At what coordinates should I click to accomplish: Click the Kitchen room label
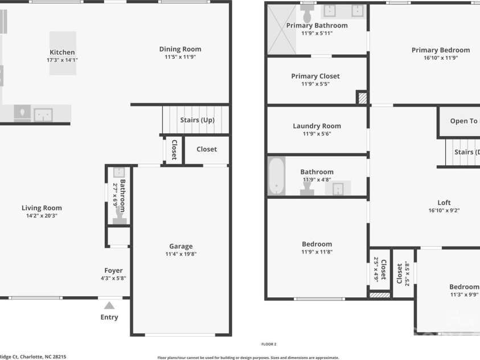pos(62,52)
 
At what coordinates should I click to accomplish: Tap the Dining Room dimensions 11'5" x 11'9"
pos(180,57)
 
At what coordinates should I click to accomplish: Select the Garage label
pos(180,247)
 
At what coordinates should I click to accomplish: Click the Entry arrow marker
pos(109,305)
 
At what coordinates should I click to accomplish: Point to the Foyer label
pos(113,271)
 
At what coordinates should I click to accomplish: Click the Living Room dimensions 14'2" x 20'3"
pos(42,216)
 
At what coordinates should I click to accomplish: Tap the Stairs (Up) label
pos(197,120)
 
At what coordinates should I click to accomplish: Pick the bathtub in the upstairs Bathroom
pos(276,176)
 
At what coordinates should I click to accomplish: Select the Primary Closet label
pos(315,76)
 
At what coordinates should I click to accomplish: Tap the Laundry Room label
pos(317,126)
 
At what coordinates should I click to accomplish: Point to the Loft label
pos(444,203)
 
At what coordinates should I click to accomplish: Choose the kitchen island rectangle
pos(62,53)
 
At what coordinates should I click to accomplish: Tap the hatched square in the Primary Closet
pos(362,97)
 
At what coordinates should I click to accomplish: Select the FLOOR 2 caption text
pos(268,344)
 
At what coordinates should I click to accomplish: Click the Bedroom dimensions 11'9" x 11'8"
pos(317,252)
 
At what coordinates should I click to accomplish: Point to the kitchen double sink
pos(43,115)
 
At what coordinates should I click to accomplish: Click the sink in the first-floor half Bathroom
pos(119,172)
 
